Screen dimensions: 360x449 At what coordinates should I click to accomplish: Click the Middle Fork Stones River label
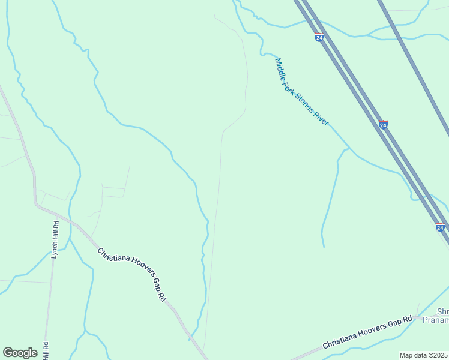pyautogui.click(x=302, y=92)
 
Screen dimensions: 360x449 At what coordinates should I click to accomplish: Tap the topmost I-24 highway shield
pyautogui.click(x=319, y=37)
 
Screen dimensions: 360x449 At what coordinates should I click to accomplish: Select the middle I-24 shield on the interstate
pyautogui.click(x=383, y=125)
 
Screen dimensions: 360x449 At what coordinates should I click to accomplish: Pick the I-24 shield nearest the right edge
pyautogui.click(x=440, y=228)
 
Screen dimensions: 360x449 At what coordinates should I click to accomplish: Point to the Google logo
pyautogui.click(x=20, y=353)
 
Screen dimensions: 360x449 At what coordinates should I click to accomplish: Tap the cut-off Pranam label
pyautogui.click(x=438, y=321)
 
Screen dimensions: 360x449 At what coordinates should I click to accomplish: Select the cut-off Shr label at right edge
pyautogui.click(x=442, y=312)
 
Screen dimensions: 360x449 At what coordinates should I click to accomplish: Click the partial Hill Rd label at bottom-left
pyautogui.click(x=46, y=350)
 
